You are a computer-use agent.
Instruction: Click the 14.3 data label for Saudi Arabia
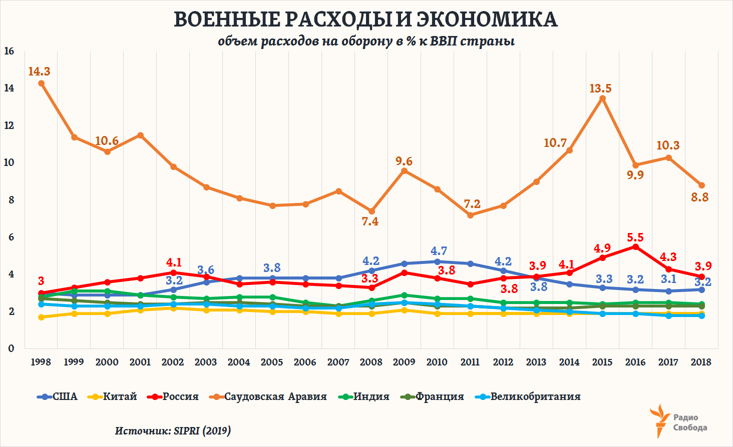pyautogui.click(x=39, y=71)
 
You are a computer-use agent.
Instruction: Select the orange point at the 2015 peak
pyautogui.click(x=602, y=98)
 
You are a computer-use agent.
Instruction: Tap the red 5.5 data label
pyautogui.click(x=635, y=237)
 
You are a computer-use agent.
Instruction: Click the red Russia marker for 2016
pyautogui.click(x=635, y=247)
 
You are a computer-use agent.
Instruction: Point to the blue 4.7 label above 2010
pyautogui.click(x=439, y=251)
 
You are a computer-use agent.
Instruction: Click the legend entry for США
pyautogui.click(x=58, y=396)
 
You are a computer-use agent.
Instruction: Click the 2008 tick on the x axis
pyautogui.click(x=371, y=362)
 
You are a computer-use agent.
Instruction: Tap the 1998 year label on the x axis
pyautogui.click(x=41, y=362)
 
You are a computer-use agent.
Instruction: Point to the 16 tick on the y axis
pyautogui.click(x=9, y=51)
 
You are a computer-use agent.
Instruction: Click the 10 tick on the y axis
pyautogui.click(x=9, y=162)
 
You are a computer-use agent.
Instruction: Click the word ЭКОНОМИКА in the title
pyautogui.click(x=487, y=19)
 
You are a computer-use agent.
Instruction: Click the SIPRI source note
pyautogui.click(x=173, y=430)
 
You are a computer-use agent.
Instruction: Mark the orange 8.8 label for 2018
pyautogui.click(x=700, y=197)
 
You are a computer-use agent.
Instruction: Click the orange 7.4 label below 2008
pyautogui.click(x=370, y=221)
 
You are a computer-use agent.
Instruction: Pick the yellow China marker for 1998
pyautogui.click(x=41, y=317)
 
